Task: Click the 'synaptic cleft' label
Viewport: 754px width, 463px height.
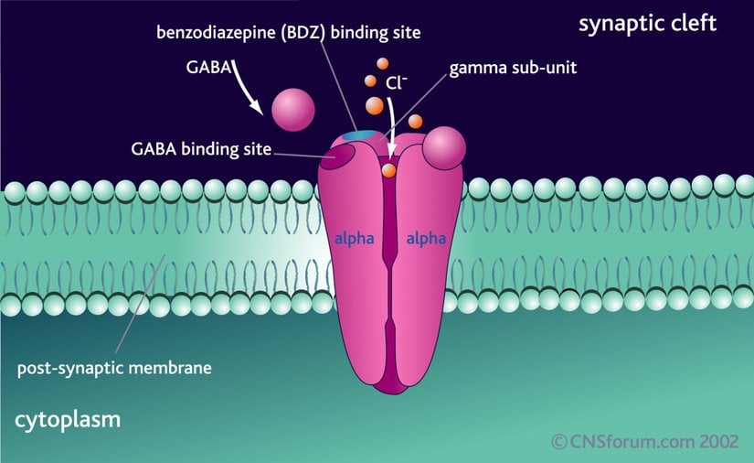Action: (647, 23)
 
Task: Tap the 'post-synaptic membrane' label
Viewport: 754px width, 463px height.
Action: (115, 370)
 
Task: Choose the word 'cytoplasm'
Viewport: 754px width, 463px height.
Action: (68, 421)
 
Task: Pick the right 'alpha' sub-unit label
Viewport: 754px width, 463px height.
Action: (426, 239)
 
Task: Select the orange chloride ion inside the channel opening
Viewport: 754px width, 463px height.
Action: (388, 169)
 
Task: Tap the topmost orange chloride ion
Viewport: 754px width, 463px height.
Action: (383, 64)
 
